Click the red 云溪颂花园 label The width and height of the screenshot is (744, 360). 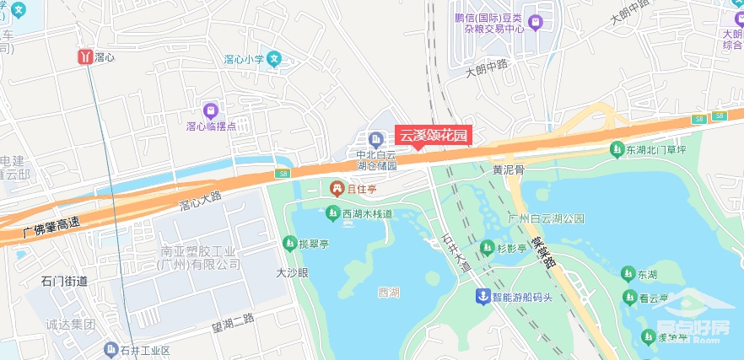[x=432, y=135]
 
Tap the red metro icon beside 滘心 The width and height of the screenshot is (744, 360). [x=85, y=56]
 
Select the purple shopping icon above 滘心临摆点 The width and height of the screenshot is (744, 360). [x=210, y=110]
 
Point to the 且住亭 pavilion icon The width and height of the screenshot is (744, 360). [x=337, y=187]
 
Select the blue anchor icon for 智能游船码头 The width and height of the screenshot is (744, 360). [x=483, y=296]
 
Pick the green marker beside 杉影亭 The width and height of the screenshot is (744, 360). [x=487, y=247]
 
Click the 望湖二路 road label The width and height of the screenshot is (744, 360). [x=233, y=318]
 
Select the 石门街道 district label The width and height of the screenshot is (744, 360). [x=64, y=280]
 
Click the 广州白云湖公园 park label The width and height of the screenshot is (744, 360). [x=547, y=218]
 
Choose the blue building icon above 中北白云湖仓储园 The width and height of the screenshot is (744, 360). [x=375, y=138]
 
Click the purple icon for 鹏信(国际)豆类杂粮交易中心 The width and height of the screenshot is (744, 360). [x=534, y=20]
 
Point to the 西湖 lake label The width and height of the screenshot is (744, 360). [x=389, y=293]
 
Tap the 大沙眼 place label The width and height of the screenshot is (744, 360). [x=293, y=272]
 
